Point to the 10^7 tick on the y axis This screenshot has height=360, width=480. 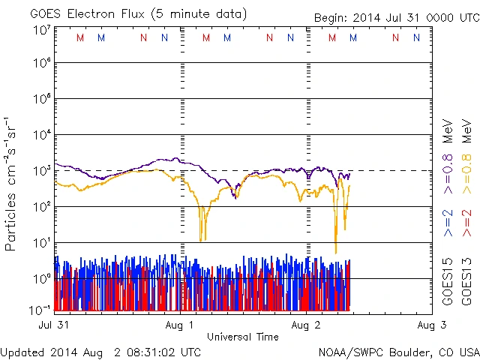point(42,29)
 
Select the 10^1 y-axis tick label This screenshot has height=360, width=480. point(42,243)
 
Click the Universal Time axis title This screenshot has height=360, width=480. point(242,337)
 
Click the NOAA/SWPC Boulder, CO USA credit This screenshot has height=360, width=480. point(398,352)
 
